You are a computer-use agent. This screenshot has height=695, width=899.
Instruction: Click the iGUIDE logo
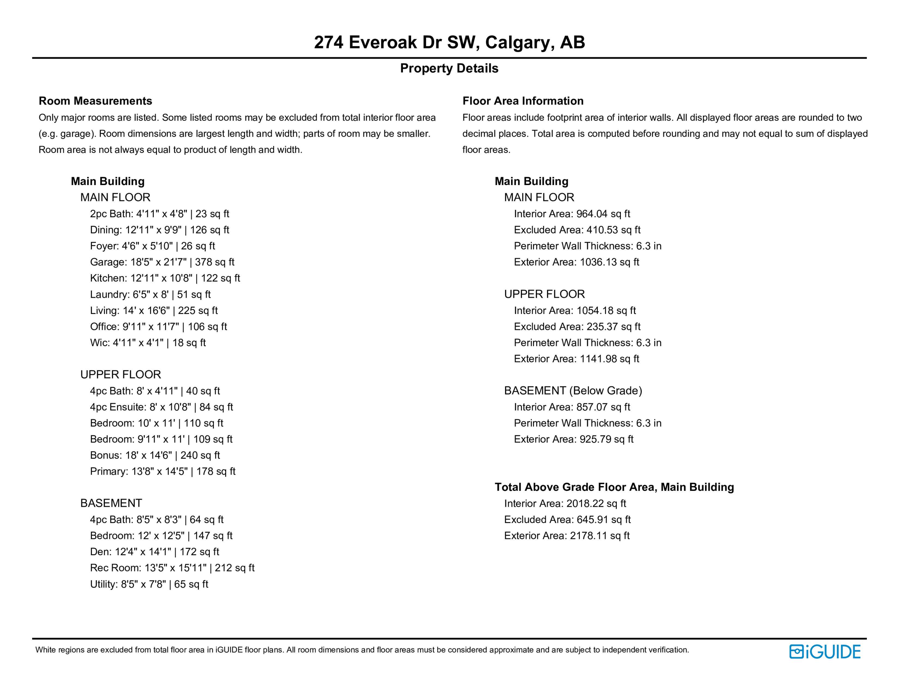[824, 652]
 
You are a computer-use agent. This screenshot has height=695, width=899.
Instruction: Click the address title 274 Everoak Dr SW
[449, 42]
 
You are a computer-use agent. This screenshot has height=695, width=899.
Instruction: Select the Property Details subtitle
[449, 68]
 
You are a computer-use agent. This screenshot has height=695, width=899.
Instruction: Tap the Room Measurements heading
[95, 101]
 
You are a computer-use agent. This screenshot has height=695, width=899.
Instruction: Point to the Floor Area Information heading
[523, 101]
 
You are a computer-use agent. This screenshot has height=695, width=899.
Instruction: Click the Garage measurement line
[162, 262]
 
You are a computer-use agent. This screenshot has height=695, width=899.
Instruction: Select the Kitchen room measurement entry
[165, 278]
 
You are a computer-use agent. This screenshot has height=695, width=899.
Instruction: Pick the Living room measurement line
[154, 310]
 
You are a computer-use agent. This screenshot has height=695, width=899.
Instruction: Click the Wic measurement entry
[148, 343]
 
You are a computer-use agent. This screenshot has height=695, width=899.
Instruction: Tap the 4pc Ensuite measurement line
[161, 407]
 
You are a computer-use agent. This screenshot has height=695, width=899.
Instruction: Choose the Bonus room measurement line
[155, 455]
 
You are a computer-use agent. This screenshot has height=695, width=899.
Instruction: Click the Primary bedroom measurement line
[163, 471]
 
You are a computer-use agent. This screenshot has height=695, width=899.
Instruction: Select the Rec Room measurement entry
[172, 568]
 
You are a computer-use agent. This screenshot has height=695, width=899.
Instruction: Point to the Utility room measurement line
[149, 584]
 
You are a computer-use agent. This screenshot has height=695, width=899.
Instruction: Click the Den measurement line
[154, 552]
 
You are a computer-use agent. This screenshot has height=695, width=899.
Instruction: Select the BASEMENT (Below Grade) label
[573, 390]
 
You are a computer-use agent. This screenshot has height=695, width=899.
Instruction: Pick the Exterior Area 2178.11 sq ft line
[567, 536]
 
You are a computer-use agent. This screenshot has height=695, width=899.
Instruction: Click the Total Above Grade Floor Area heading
[614, 487]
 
